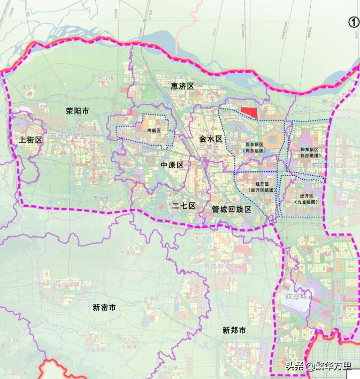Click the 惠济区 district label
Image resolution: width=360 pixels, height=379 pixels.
coord(182,86)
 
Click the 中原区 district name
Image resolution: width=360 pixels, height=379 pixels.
coord(172,165)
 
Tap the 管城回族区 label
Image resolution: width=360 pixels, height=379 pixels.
coord(231,209)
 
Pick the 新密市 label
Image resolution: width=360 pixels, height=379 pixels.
coord(104,307)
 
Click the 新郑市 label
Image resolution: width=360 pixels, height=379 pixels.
coord(234,330)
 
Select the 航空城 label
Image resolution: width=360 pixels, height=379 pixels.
coord(296,296)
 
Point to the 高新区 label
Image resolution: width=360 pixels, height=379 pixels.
coord(154,130)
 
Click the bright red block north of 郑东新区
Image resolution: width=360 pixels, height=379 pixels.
coord(249,112)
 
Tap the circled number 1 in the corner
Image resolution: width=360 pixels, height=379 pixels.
coord(354,22)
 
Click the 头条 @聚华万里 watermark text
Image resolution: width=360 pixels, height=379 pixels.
coord(318,367)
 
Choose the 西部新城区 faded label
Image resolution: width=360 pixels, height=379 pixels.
coord(67,136)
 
